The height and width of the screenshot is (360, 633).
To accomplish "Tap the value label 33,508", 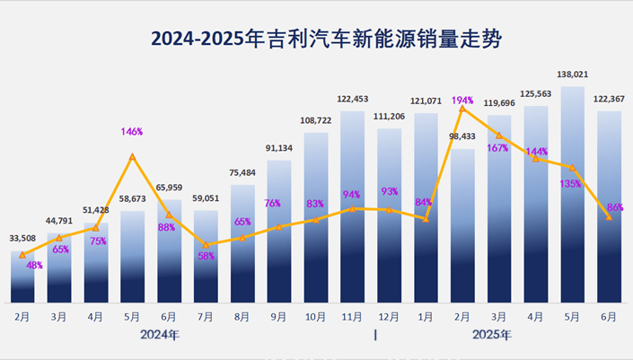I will pyautogui.click(x=23, y=238).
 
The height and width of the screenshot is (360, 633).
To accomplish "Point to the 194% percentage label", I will pyautogui.click(x=462, y=99).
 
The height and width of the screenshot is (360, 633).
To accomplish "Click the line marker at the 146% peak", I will pyautogui.click(x=133, y=157).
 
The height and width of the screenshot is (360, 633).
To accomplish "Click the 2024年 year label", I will pyautogui.click(x=160, y=335).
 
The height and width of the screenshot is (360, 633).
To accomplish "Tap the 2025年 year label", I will pyautogui.click(x=492, y=335).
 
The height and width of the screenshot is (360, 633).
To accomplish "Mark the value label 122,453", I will pyautogui.click(x=353, y=99).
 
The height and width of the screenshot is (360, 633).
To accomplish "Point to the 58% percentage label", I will pyautogui.click(x=206, y=257).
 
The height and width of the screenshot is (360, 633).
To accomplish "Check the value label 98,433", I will pyautogui.click(x=462, y=136).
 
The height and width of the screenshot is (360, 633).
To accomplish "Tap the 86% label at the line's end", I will pyautogui.click(x=615, y=207).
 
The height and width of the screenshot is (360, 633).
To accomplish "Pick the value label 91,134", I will pyautogui.click(x=279, y=148).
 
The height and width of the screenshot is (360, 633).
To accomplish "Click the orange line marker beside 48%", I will pyautogui.click(x=22, y=256).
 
